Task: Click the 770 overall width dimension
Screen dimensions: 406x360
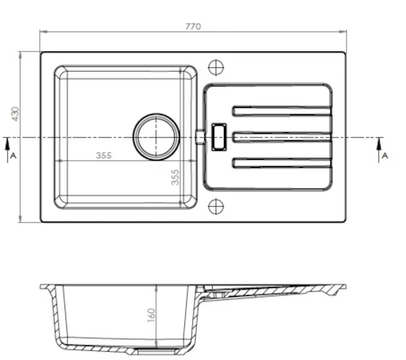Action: [193, 27]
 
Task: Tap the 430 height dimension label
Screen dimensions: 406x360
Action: [15, 114]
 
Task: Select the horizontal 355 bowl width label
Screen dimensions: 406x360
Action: [103, 156]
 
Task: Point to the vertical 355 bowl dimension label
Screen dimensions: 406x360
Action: [175, 177]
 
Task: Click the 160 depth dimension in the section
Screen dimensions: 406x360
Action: [151, 315]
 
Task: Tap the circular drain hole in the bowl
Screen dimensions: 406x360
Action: [156, 137]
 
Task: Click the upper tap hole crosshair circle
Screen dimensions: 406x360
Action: [216, 67]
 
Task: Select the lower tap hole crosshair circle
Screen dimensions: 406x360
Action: [216, 207]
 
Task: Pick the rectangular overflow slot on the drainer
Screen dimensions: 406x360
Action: [219, 137]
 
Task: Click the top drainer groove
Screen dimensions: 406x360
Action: [282, 111]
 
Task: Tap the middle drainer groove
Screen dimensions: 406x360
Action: [282, 137]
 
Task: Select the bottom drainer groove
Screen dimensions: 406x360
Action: [282, 163]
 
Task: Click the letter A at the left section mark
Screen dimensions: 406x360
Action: [13, 156]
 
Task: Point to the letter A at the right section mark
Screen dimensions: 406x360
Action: [385, 156]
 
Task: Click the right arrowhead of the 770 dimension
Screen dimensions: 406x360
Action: [343, 31]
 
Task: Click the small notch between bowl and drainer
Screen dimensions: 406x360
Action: [201, 137]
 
